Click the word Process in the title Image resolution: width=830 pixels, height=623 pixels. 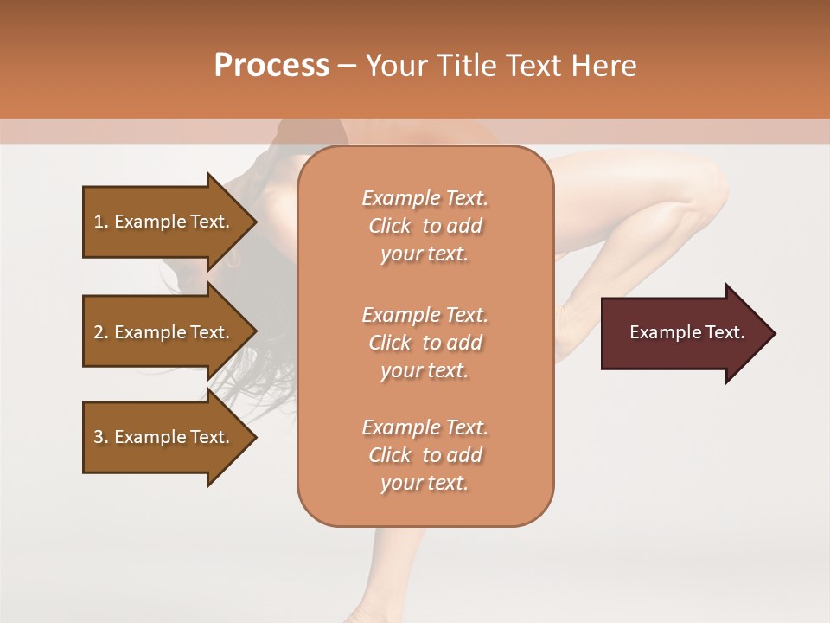tap(271, 66)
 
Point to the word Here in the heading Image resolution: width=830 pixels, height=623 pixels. tap(603, 66)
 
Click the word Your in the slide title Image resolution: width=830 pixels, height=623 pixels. tap(399, 66)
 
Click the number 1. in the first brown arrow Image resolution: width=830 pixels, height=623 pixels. tap(101, 222)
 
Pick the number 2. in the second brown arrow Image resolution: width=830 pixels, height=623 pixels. tap(101, 332)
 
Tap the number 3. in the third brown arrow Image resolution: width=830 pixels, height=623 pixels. tap(101, 437)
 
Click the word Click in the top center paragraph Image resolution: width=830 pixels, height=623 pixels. tap(390, 226)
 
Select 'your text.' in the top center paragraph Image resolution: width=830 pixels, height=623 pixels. tap(425, 254)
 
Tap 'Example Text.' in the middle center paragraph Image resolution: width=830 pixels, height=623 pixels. tap(425, 315)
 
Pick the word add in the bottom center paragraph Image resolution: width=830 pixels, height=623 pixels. tap(464, 455)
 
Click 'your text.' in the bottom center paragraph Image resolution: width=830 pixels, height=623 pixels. tap(425, 484)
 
